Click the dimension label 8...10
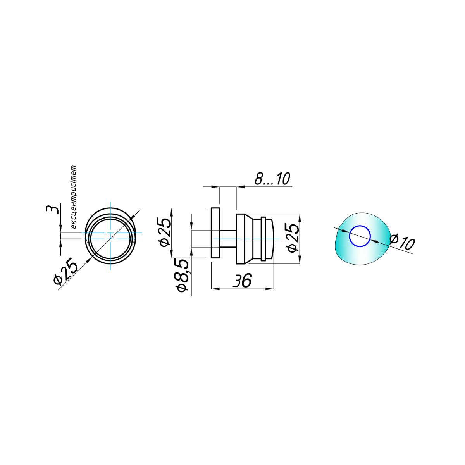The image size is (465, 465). tap(272, 179)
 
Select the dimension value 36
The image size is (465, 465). tap(242, 281)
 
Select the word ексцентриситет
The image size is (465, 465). tap(73, 197)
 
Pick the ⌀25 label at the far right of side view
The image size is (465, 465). tap(293, 238)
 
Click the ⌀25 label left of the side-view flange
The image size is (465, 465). tap(165, 232)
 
